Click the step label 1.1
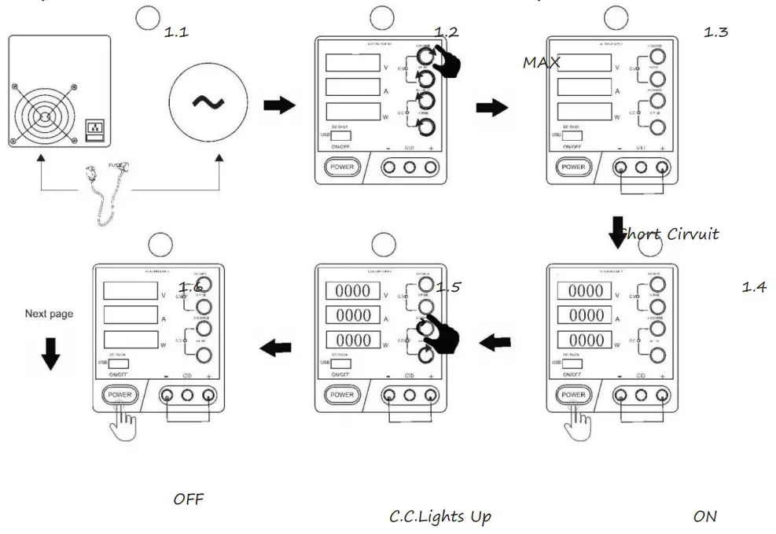tap(176, 33)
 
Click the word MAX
tap(541, 63)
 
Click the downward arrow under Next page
tap(50, 353)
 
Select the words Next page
tap(49, 314)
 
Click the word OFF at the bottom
tap(189, 499)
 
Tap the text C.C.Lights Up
tap(440, 517)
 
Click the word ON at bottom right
tap(704, 517)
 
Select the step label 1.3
tap(715, 33)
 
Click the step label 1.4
tap(754, 287)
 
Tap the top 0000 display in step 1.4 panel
tap(586, 291)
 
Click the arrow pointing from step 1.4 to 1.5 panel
tap(496, 342)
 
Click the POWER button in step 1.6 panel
tap(120, 394)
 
